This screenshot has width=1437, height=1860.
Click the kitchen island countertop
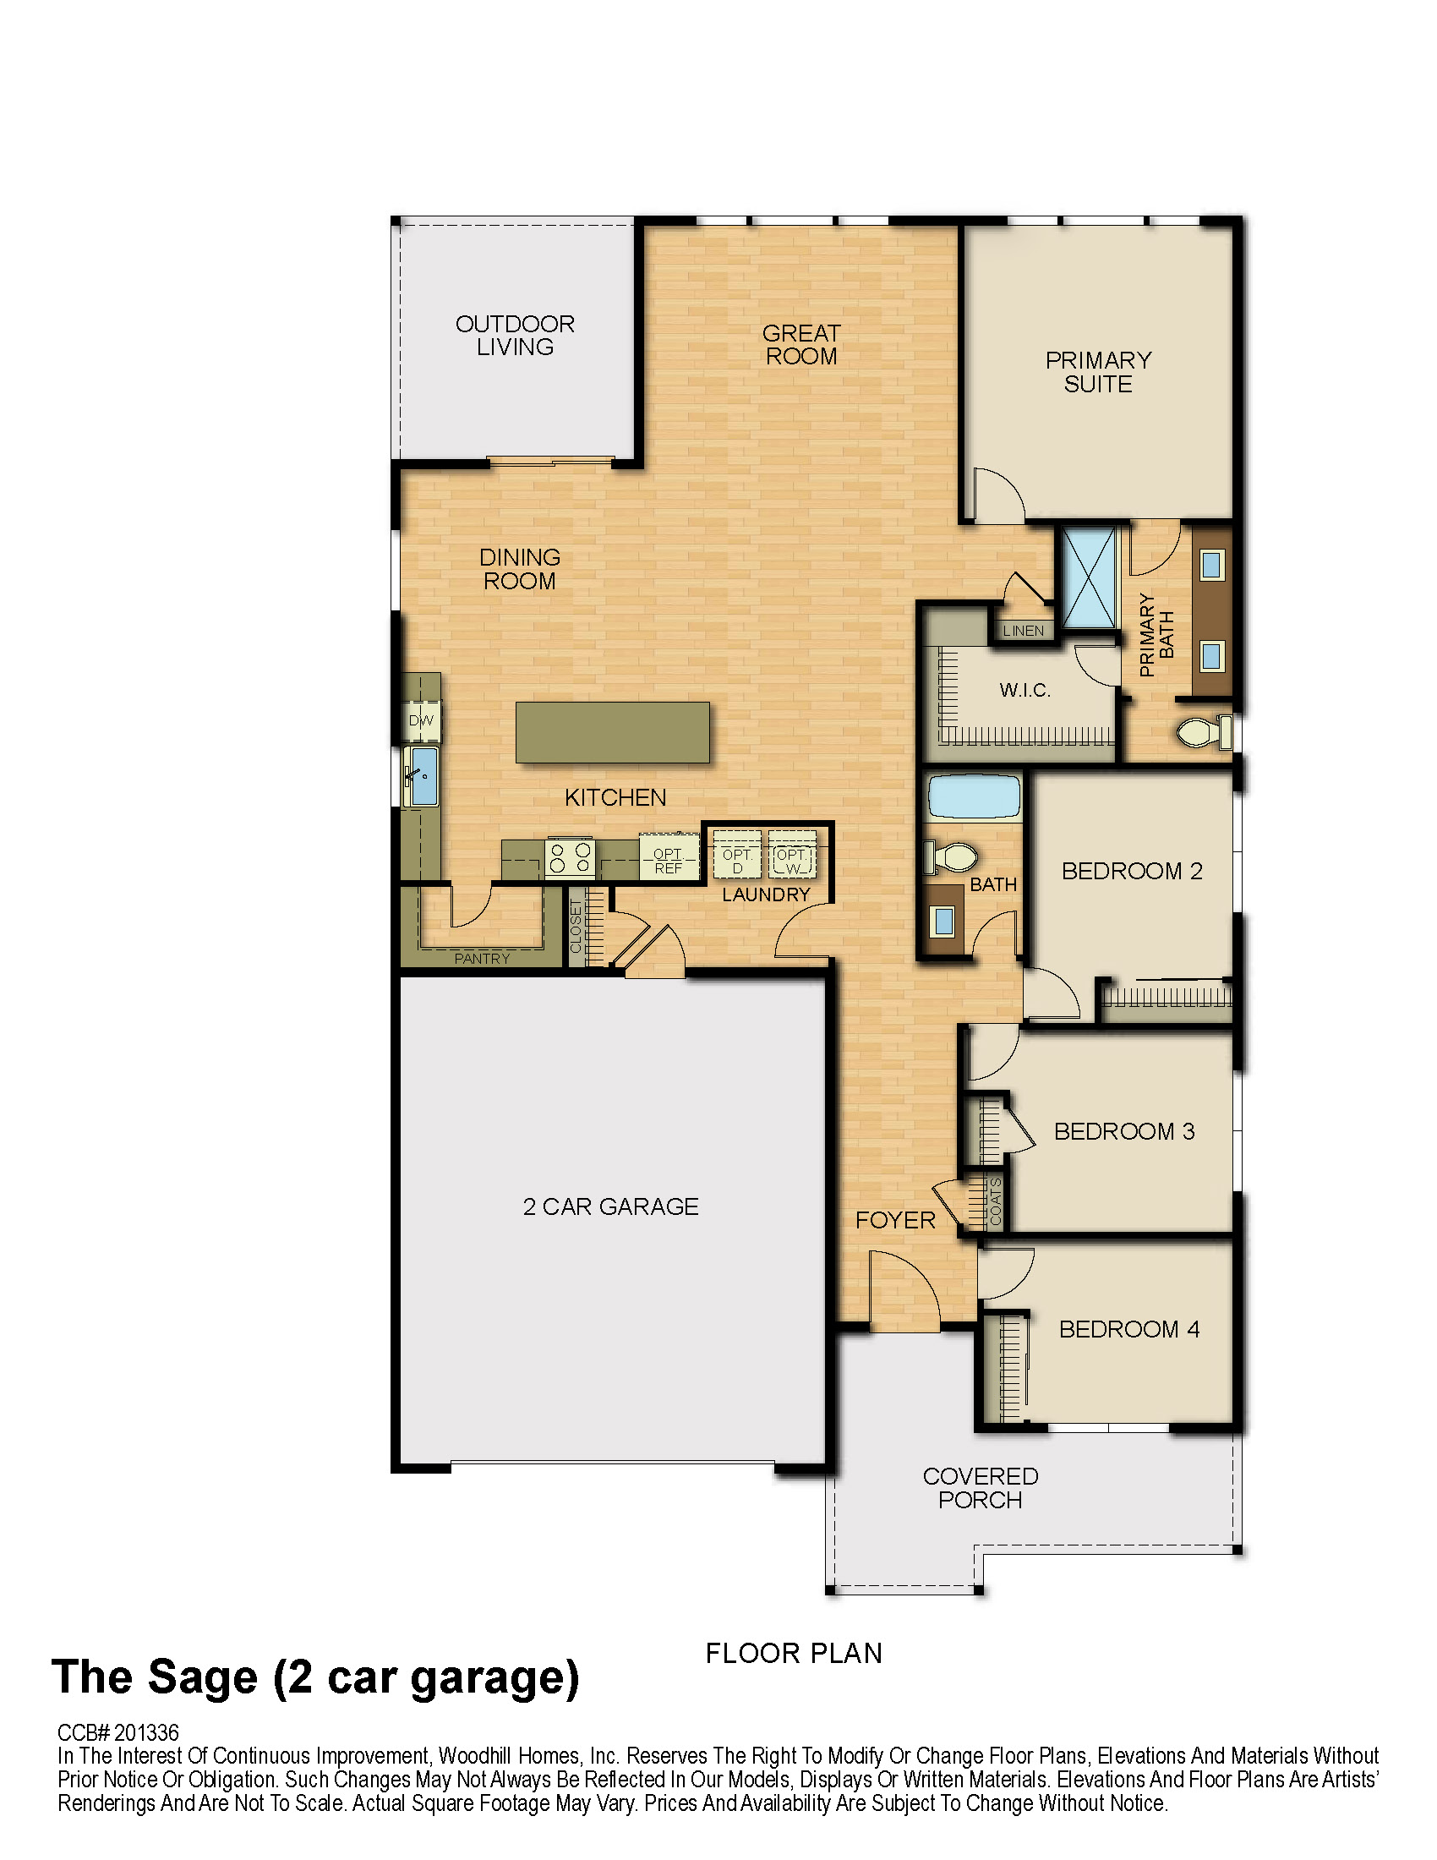pyautogui.click(x=612, y=732)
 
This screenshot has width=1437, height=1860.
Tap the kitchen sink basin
pyautogui.click(x=423, y=776)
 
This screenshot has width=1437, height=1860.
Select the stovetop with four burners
pyautogui.click(x=570, y=857)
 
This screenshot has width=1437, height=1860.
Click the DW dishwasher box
pyautogui.click(x=422, y=720)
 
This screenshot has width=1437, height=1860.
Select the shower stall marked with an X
pyautogui.click(x=1089, y=577)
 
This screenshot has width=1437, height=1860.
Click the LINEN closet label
pyautogui.click(x=1024, y=631)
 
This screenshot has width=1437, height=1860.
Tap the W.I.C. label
pyautogui.click(x=1025, y=690)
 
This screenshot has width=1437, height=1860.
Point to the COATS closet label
pyautogui.click(x=995, y=1201)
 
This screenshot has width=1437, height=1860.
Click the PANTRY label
pyautogui.click(x=482, y=959)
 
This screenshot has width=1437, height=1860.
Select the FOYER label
pyautogui.click(x=894, y=1220)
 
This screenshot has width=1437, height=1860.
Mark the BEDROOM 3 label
pyautogui.click(x=1123, y=1131)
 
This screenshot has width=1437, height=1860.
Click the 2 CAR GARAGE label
pyautogui.click(x=610, y=1206)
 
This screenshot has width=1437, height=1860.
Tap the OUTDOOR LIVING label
pyautogui.click(x=515, y=336)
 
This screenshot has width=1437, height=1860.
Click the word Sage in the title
pyautogui.click(x=203, y=1678)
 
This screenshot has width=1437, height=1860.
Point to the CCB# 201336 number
pyautogui.click(x=118, y=1732)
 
